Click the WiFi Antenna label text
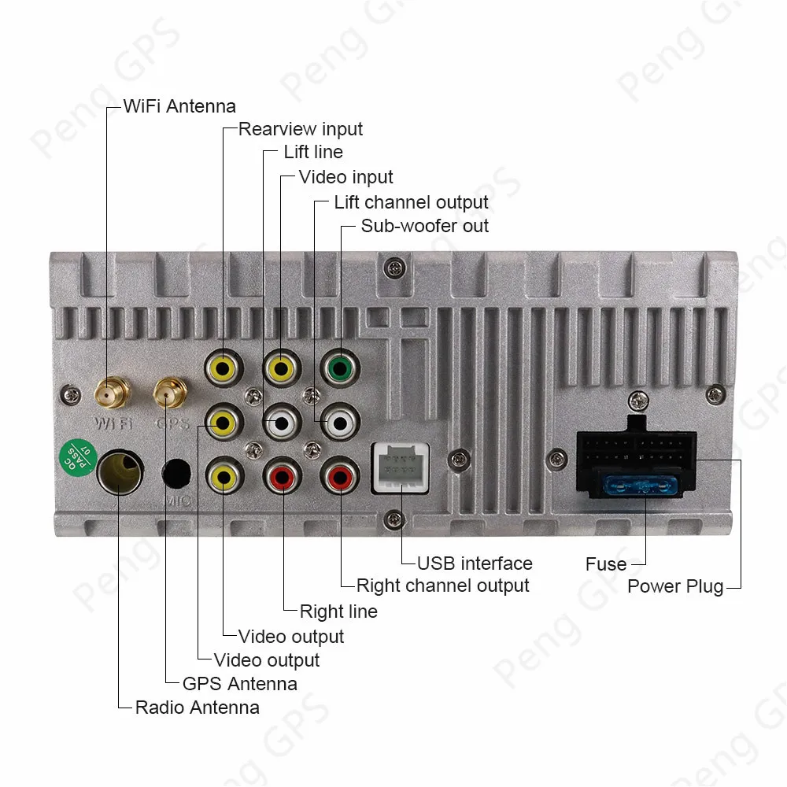tap(179, 105)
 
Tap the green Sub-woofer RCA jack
tap(340, 367)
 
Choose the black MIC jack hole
tap(177, 474)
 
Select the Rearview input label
tap(301, 129)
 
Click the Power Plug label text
tap(675, 586)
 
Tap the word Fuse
tap(606, 564)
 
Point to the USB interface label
tap(475, 563)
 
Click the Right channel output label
tap(442, 586)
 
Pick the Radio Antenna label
tap(197, 707)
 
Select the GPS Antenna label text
tap(239, 683)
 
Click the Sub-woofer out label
tap(424, 226)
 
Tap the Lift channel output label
tap(411, 202)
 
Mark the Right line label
tap(338, 611)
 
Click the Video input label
tap(345, 177)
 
